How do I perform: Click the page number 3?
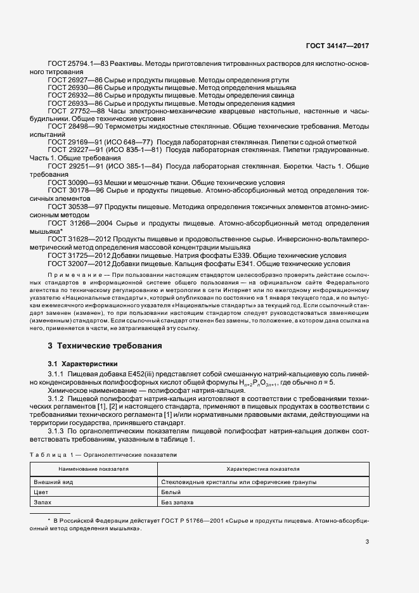[367, 542]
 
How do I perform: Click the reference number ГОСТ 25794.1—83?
[79, 65]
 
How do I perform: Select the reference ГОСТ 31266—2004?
[79, 224]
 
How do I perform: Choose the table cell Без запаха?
[176, 502]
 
